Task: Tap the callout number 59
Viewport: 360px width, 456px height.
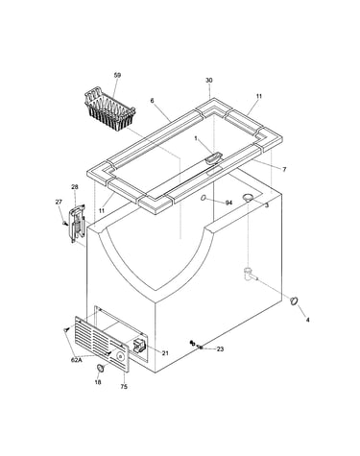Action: [117, 75]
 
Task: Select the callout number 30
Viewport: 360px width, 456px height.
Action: [209, 81]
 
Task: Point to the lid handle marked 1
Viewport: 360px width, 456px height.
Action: [213, 157]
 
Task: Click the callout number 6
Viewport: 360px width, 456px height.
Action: [152, 101]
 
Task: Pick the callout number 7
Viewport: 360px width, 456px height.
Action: [284, 170]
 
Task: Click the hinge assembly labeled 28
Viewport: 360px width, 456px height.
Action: [77, 224]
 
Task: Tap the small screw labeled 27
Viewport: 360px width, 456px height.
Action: [64, 222]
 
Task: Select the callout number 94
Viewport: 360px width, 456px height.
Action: [228, 203]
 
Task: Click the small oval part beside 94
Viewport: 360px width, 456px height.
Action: [204, 199]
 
